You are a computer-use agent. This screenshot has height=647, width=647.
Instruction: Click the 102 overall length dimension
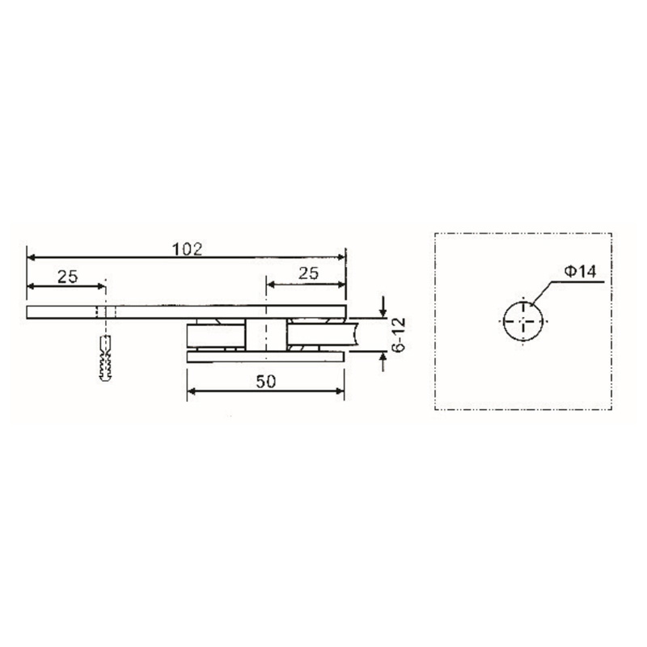(186, 247)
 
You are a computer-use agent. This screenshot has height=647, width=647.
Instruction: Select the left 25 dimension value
(67, 276)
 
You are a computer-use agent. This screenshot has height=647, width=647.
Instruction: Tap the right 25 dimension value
(308, 274)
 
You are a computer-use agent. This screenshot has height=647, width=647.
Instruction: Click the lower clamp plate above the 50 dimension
(267, 356)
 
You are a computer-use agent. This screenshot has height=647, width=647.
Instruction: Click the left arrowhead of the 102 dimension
(32, 257)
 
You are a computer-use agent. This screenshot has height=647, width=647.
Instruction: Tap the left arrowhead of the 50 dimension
(192, 392)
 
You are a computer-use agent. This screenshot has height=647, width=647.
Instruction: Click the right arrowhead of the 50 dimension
(340, 392)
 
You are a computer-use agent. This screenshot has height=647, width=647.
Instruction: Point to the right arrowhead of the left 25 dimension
(100, 285)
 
